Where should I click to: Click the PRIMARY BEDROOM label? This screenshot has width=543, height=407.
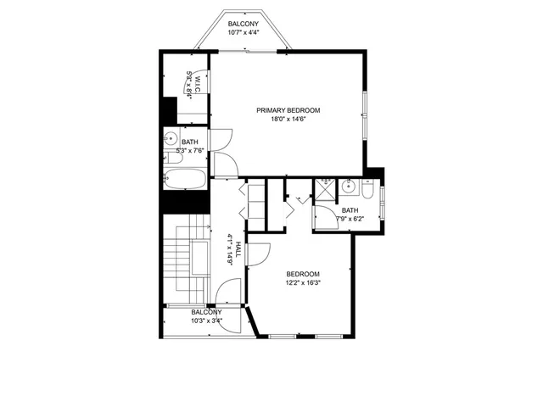click(288, 110)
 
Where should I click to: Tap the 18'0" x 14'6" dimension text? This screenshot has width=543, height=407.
click(288, 120)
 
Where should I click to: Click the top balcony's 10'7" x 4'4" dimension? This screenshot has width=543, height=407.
click(244, 32)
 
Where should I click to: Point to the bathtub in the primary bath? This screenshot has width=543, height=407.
click(184, 180)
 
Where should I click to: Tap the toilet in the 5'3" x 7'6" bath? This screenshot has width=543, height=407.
click(171, 157)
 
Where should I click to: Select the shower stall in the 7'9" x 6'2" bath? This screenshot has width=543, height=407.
click(325, 188)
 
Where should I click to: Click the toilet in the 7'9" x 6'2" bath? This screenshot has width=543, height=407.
click(367, 188)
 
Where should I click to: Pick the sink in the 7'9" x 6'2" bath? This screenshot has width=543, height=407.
click(348, 187)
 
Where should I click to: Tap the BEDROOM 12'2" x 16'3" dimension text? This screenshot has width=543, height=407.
click(303, 282)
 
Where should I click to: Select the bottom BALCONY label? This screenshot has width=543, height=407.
click(207, 312)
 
